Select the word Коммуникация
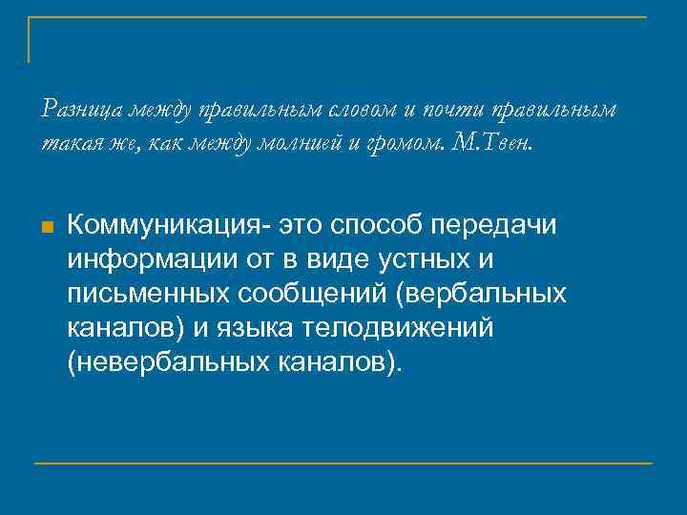coord(170,225)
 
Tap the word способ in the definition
coord(375,225)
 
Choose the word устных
coord(430,259)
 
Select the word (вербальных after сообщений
coord(485,294)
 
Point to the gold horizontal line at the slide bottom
coord(343,463)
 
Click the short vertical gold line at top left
coord(29,40)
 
